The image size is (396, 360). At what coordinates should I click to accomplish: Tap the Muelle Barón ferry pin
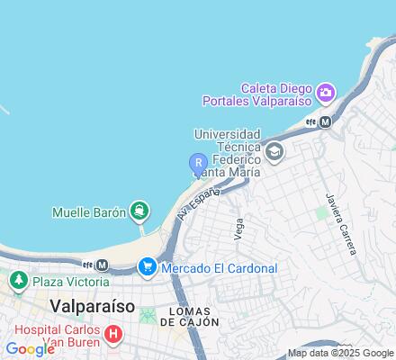[139, 211]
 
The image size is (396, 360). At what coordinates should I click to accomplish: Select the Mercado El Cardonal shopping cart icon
[147, 267]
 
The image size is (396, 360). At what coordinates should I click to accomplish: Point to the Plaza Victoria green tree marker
[17, 282]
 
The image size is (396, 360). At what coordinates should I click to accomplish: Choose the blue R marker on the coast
[197, 163]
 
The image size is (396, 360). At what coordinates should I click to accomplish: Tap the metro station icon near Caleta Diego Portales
[326, 121]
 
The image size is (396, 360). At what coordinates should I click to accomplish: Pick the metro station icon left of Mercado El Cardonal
[102, 265]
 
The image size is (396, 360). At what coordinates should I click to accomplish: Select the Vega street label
[238, 229]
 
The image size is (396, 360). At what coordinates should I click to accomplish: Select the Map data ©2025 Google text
[340, 353]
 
